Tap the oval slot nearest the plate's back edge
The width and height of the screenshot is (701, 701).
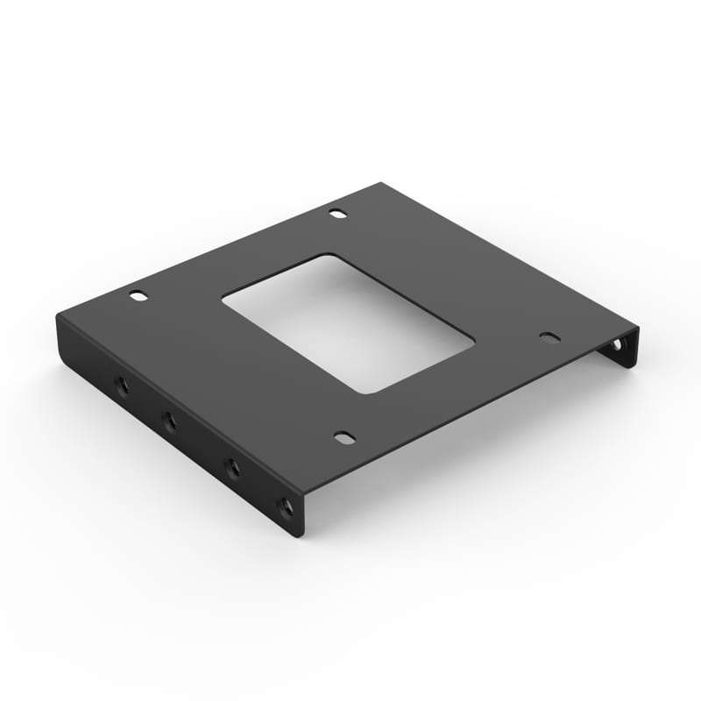tap(337, 213)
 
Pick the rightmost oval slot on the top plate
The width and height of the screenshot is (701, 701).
tap(549, 336)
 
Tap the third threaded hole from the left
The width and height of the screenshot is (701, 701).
tap(233, 467)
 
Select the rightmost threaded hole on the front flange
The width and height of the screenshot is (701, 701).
tap(283, 506)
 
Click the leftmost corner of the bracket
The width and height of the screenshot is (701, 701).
tap(59, 318)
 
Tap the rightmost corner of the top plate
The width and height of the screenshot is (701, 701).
tap(638, 329)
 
